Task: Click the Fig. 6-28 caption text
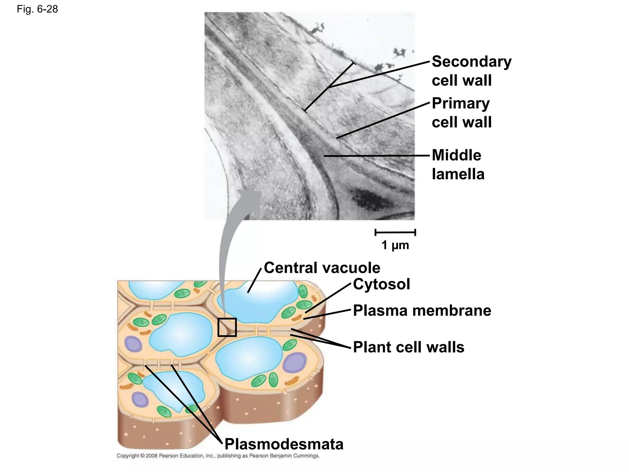pyautogui.click(x=37, y=9)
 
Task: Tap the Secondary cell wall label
pyautogui.click(x=471, y=71)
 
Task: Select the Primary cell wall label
pyautogui.click(x=461, y=112)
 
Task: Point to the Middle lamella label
pyautogui.click(x=458, y=165)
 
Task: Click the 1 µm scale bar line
pyautogui.click(x=395, y=232)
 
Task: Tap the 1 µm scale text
pyautogui.click(x=395, y=245)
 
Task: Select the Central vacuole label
pyautogui.click(x=322, y=268)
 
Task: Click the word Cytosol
pyautogui.click(x=381, y=284)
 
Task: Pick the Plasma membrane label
pyautogui.click(x=422, y=310)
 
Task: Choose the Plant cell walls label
pyautogui.click(x=408, y=347)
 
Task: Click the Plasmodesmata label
pyautogui.click(x=284, y=444)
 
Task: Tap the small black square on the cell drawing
pyautogui.click(x=227, y=327)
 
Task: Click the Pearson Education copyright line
pyautogui.click(x=218, y=456)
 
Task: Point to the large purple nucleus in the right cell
pyautogui.click(x=295, y=363)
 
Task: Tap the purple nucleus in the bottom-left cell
pyautogui.click(x=140, y=399)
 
